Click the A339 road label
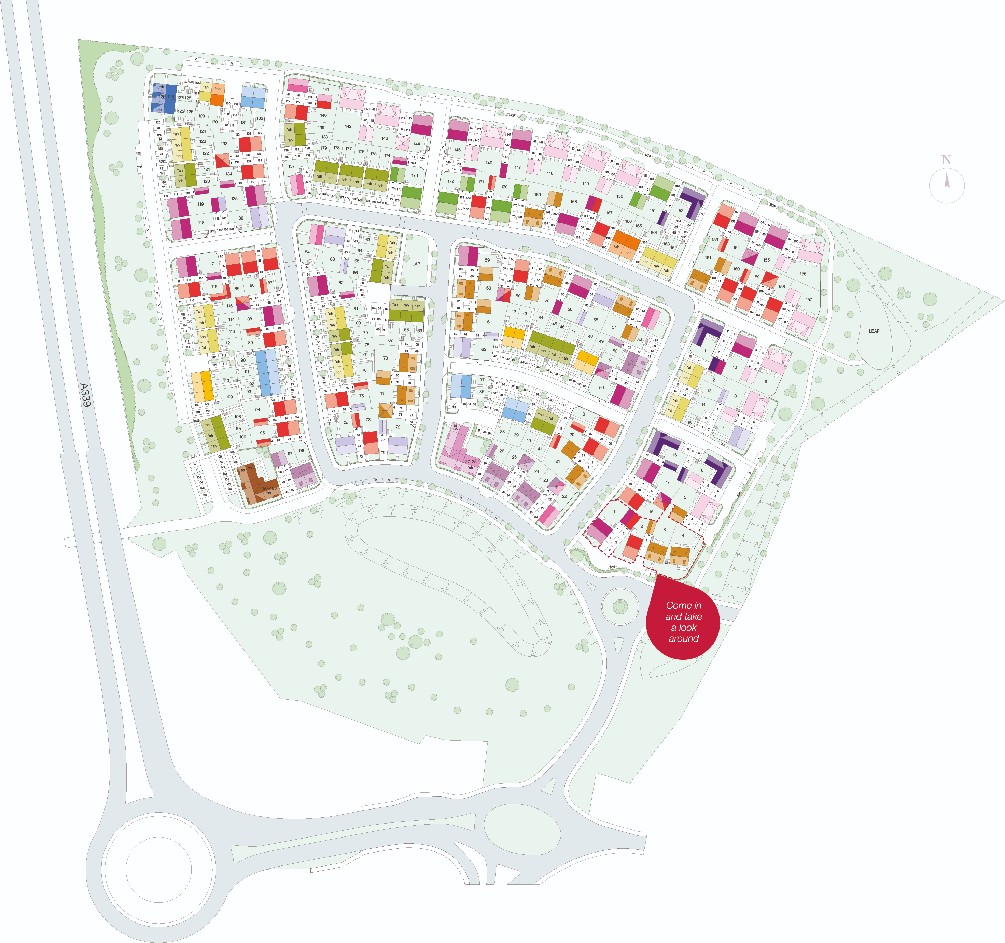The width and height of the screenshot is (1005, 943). (x=85, y=395)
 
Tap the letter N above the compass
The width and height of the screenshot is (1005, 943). (x=946, y=160)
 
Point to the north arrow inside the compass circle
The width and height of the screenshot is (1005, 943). (x=947, y=180)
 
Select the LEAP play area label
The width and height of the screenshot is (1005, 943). (x=874, y=331)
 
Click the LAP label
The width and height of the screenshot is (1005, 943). (x=416, y=264)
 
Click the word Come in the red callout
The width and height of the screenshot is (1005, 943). (x=678, y=605)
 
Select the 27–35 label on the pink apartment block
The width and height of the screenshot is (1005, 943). (x=471, y=461)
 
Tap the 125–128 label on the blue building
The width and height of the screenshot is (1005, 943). (x=166, y=97)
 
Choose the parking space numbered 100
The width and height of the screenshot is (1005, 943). (x=228, y=484)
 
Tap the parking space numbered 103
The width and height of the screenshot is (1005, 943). (x=199, y=477)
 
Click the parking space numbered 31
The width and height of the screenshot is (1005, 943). (x=490, y=408)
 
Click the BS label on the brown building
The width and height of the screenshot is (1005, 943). (x=243, y=470)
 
